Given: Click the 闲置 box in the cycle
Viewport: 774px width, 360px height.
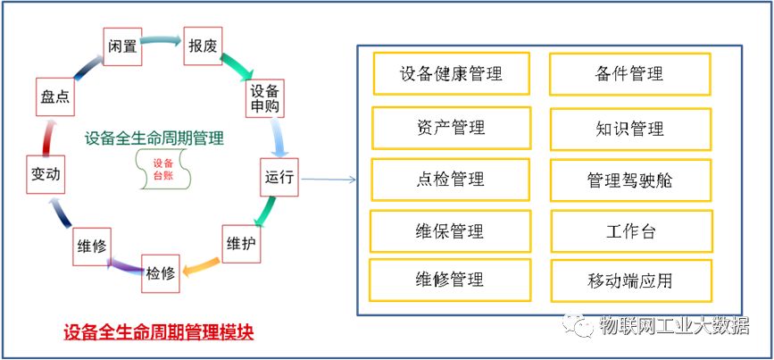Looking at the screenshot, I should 123,46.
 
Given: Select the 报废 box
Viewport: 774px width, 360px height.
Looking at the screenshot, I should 201,46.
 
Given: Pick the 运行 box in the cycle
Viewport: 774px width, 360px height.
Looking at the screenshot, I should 279,176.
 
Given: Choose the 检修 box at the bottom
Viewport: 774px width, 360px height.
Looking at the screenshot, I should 161,273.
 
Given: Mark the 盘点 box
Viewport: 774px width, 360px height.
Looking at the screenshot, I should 55,96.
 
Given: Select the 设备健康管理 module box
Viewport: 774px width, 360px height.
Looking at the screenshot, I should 451,73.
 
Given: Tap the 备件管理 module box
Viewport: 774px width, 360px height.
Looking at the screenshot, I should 629,73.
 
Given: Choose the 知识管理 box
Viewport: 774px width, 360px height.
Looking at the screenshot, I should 629,128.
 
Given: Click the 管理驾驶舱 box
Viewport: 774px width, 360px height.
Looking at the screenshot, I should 629,180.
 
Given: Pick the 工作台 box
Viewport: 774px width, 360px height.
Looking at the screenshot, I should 629,231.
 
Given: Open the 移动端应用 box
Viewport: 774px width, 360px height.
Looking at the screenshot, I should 630,280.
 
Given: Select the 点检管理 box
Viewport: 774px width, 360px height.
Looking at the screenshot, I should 451,180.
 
